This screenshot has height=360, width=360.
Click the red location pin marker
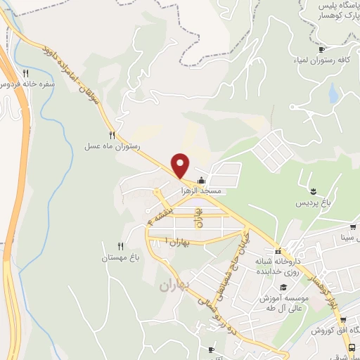pos(181,165)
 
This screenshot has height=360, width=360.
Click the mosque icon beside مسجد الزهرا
pos(202,180)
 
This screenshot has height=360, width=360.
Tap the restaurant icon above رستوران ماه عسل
pos(111,134)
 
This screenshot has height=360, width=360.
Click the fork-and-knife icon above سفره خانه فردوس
pos(26,72)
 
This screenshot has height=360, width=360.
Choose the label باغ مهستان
pos(115,258)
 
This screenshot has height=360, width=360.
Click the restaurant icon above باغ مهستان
pos(120,246)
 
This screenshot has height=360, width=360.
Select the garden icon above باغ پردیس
pos(314,191)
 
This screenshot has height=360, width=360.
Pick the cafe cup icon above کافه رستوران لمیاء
pos(322,49)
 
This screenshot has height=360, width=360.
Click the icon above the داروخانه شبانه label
pos(278,252)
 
